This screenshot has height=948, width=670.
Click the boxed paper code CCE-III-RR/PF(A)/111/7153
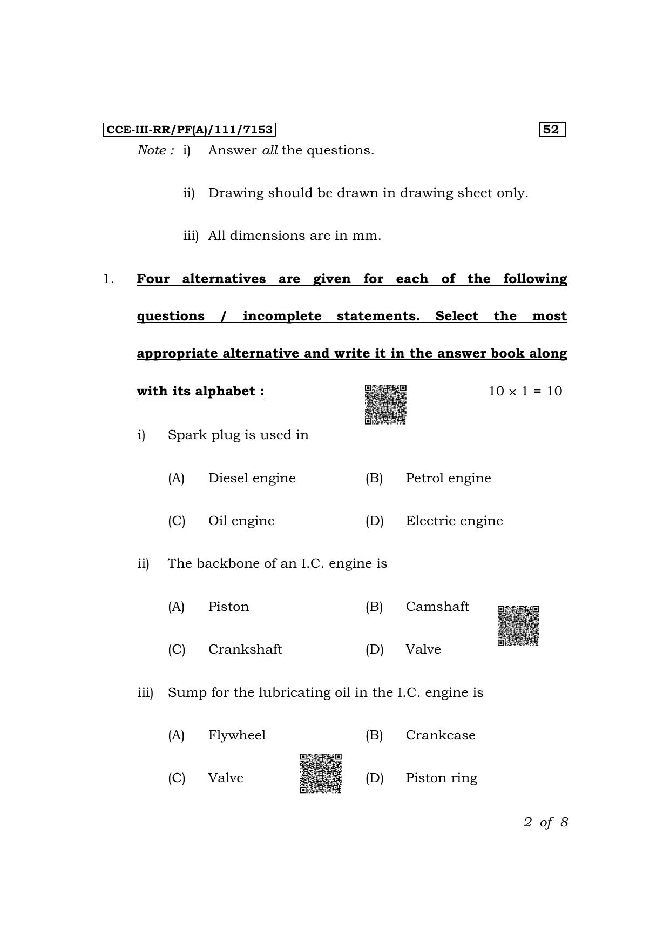(x=189, y=130)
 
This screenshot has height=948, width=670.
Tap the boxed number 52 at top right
(x=551, y=130)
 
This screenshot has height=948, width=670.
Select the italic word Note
(x=152, y=150)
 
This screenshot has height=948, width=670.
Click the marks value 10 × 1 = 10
(x=525, y=391)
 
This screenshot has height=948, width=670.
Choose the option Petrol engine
(x=448, y=478)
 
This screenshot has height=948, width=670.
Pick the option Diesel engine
(x=252, y=478)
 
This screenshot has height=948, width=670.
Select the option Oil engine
(x=241, y=521)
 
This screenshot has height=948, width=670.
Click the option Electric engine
(x=454, y=521)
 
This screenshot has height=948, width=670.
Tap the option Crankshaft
(x=245, y=649)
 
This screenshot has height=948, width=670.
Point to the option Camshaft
(x=437, y=607)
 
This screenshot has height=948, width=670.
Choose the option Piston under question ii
(x=228, y=607)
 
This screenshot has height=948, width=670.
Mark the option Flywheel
(x=236, y=735)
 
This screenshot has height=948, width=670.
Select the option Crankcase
(x=441, y=735)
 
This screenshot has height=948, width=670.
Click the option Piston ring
(x=441, y=778)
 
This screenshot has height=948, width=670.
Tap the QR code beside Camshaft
(x=518, y=626)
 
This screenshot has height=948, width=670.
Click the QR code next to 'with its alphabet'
(x=385, y=405)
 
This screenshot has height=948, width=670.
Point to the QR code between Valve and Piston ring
(x=321, y=773)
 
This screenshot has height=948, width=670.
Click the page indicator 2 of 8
(x=545, y=822)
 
